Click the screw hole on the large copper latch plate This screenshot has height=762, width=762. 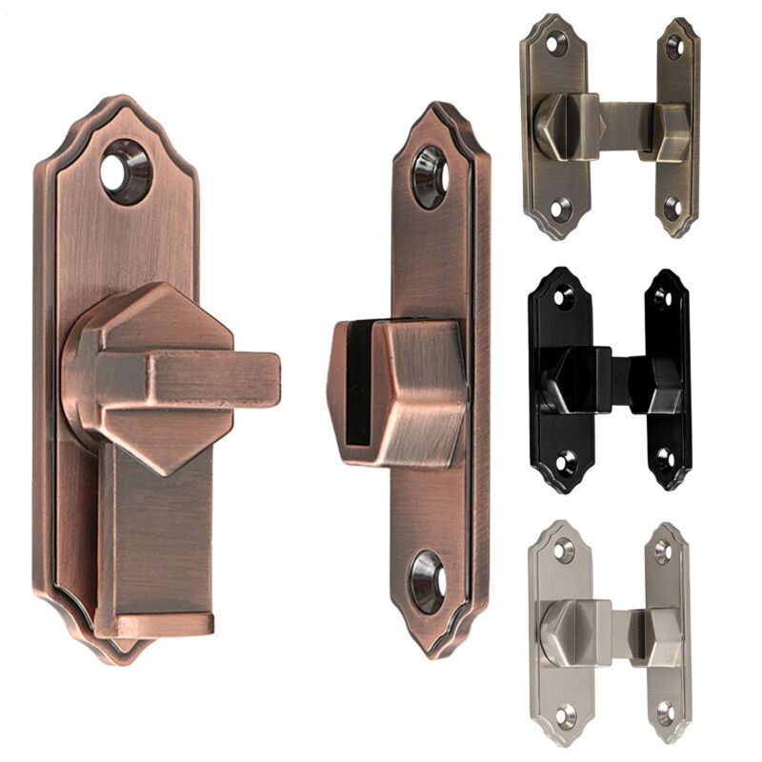[126, 171]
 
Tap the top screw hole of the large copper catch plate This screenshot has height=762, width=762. [429, 177]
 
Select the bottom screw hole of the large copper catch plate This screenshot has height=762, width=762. [428, 580]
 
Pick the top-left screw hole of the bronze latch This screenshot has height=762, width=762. [556, 44]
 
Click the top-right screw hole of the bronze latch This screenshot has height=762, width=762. [674, 48]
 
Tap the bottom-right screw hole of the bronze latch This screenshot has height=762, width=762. [672, 208]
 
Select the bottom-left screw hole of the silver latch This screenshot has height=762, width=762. [566, 713]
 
